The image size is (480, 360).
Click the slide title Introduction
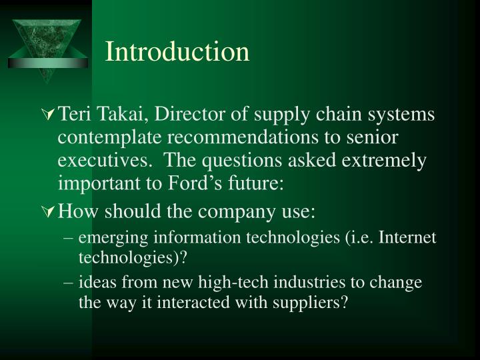pyautogui.click(x=177, y=52)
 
